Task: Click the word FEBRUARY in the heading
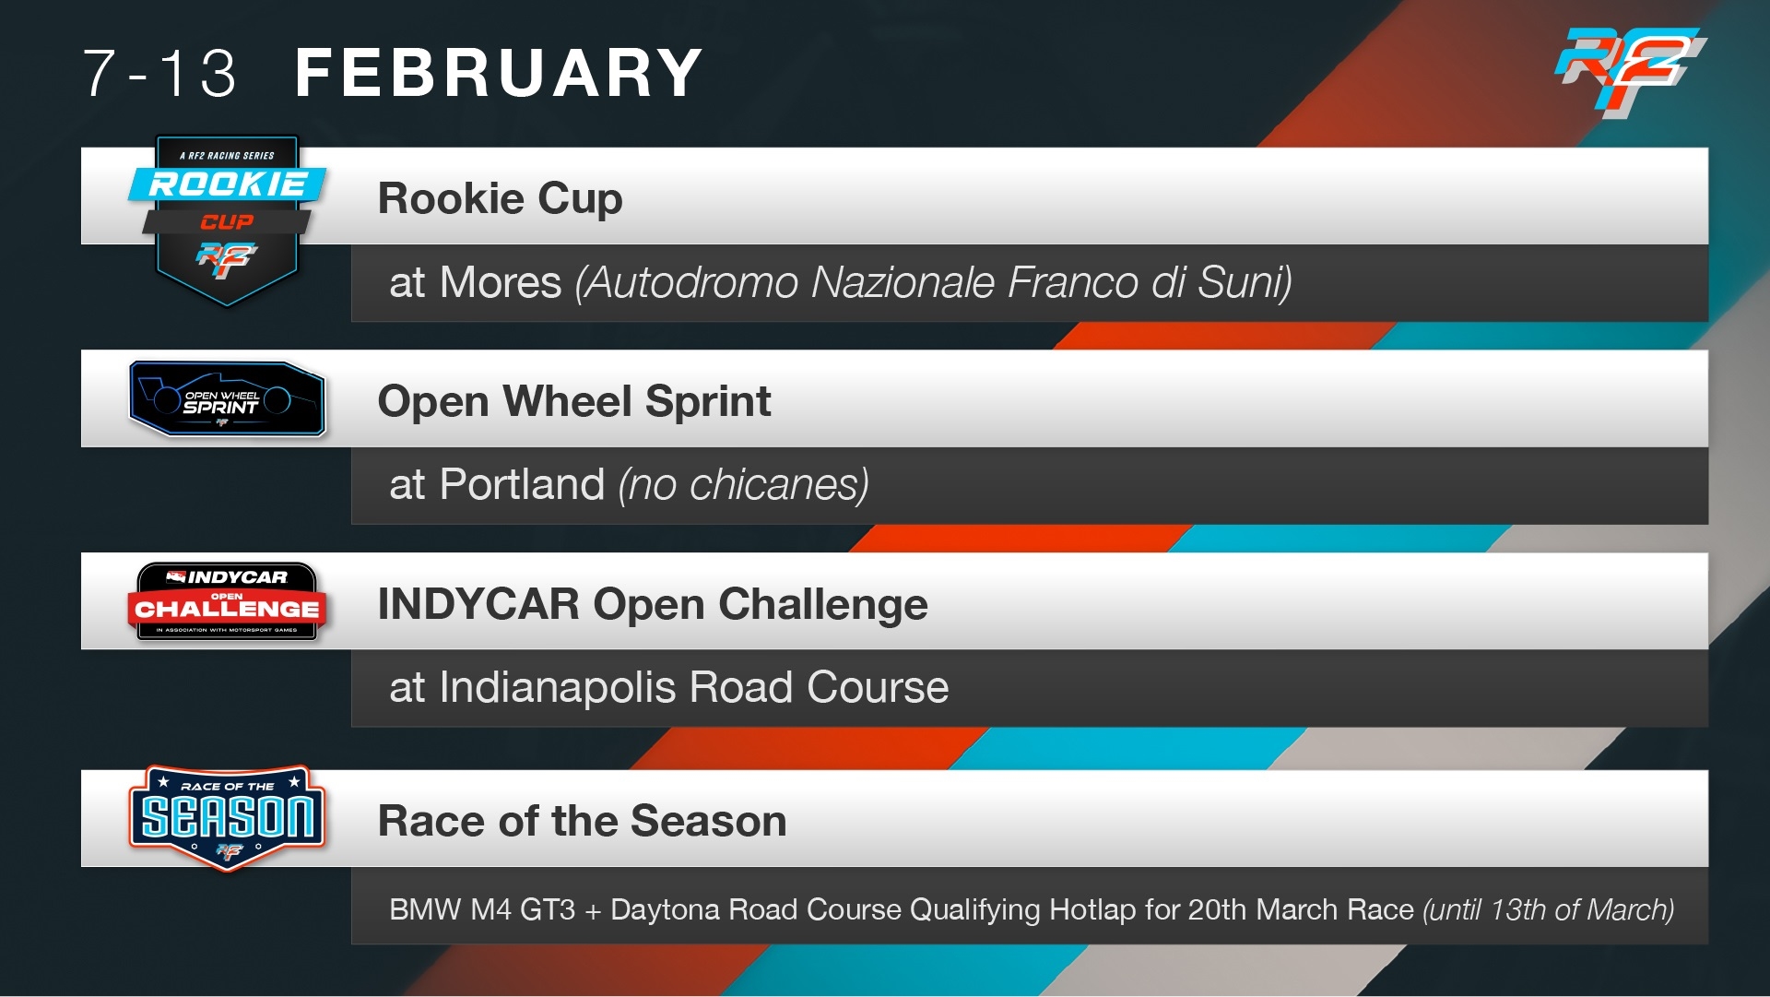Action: pyautogui.click(x=499, y=73)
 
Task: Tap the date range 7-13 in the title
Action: pyautogui.click(x=159, y=74)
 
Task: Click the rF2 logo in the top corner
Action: pyautogui.click(x=1630, y=72)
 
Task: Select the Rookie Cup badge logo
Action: pyautogui.click(x=227, y=220)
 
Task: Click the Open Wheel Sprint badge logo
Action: pyautogui.click(x=228, y=398)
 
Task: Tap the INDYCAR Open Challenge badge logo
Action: pyautogui.click(x=227, y=601)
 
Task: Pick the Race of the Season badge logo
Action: pyautogui.click(x=227, y=817)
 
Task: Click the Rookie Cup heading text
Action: pyautogui.click(x=500, y=199)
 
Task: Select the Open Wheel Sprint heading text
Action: pyautogui.click(x=574, y=402)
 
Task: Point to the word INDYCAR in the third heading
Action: pyautogui.click(x=478, y=604)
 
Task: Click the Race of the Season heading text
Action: pyautogui.click(x=582, y=821)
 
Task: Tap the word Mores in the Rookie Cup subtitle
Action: pyautogui.click(x=501, y=282)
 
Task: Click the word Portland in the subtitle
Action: pyautogui.click(x=522, y=485)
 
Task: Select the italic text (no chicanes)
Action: pyautogui.click(x=743, y=485)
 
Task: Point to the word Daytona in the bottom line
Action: pyautogui.click(x=666, y=910)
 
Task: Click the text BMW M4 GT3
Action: pyautogui.click(x=481, y=910)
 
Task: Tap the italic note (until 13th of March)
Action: pyautogui.click(x=1549, y=910)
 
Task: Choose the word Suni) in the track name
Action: pyautogui.click(x=1245, y=282)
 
